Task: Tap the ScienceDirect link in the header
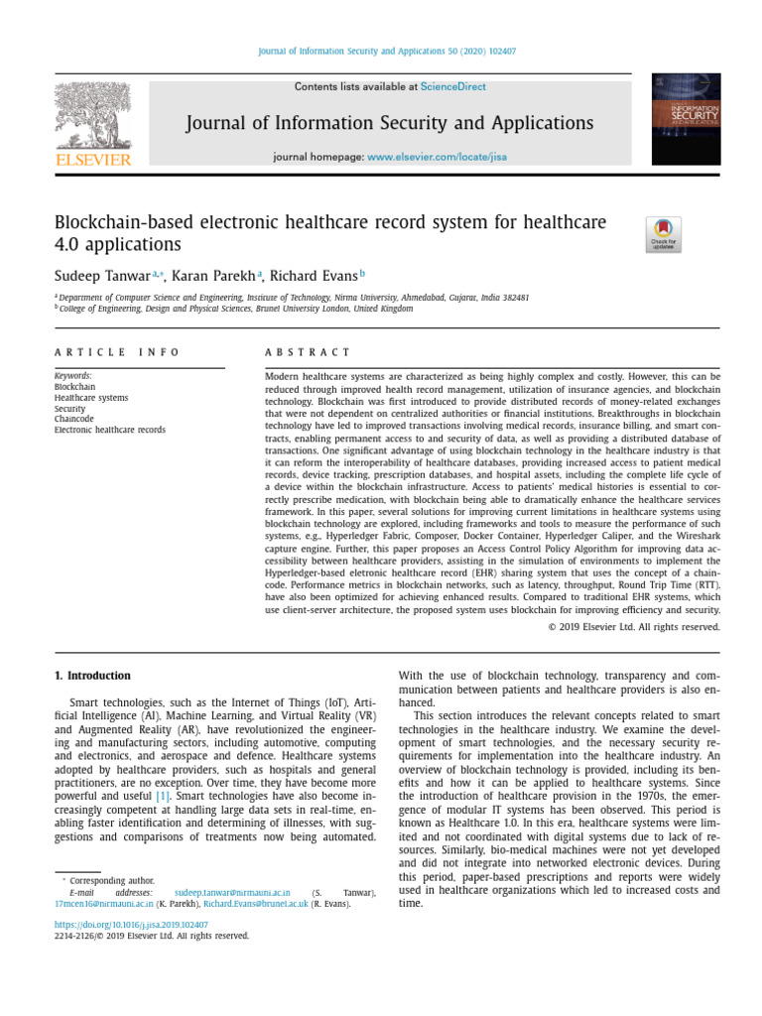(x=453, y=87)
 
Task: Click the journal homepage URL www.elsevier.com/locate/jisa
(x=437, y=158)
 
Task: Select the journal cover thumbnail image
(x=687, y=122)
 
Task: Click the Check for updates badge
(x=663, y=235)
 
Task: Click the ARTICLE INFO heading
(x=117, y=352)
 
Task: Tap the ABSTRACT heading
(x=308, y=352)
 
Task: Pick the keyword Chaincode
(x=73, y=420)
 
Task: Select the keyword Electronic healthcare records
(x=109, y=431)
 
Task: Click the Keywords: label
(x=73, y=376)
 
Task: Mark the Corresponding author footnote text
(x=112, y=880)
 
